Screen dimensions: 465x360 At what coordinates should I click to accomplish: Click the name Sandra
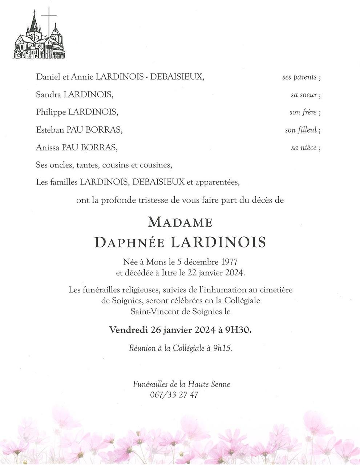click(49, 95)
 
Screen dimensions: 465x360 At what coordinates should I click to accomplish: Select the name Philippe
click(51, 112)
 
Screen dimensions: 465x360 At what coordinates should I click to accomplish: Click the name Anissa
click(48, 147)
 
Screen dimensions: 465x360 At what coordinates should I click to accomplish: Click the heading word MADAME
click(180, 222)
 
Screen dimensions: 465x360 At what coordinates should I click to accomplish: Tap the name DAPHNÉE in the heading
click(130, 242)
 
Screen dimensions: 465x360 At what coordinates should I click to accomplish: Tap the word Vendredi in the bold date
click(129, 330)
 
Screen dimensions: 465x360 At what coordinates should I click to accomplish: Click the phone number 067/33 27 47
click(174, 395)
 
